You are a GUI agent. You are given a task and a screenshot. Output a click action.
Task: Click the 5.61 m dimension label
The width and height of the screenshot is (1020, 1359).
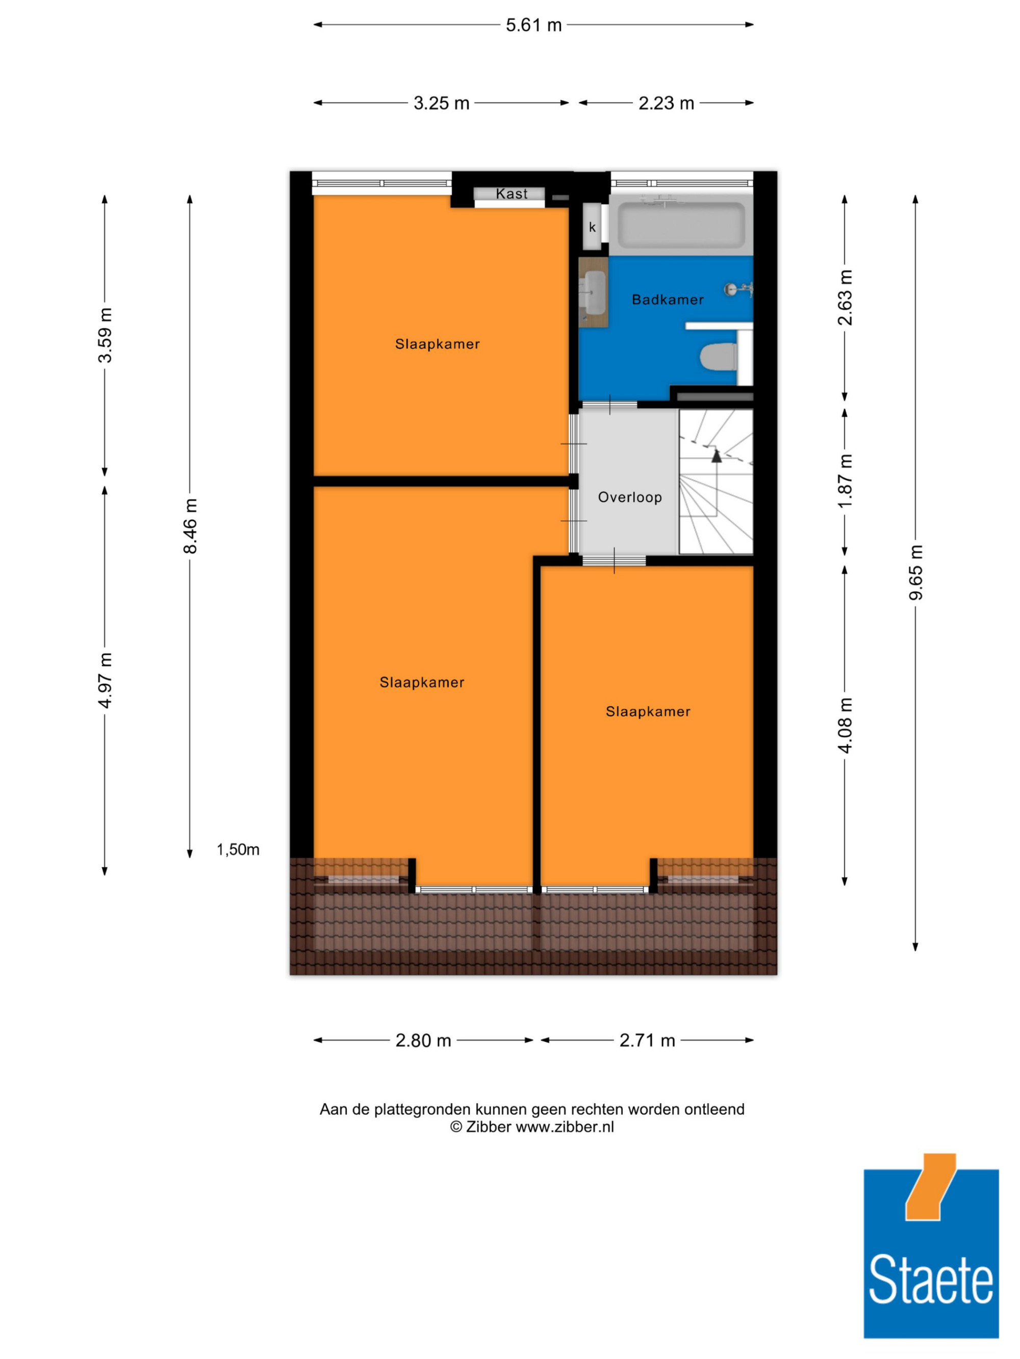pyautogui.click(x=533, y=25)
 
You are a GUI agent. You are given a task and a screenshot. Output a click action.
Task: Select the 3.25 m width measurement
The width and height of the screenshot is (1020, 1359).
pyautogui.click(x=442, y=103)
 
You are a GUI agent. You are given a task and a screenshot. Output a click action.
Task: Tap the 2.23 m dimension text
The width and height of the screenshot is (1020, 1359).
pyautogui.click(x=667, y=103)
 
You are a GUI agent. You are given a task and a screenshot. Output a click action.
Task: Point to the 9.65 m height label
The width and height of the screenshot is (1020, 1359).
pyautogui.click(x=916, y=573)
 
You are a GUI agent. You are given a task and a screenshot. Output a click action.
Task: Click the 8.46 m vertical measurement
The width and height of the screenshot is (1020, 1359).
pyautogui.click(x=191, y=526)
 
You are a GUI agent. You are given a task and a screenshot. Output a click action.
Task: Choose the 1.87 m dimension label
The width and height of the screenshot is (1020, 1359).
pyautogui.click(x=846, y=481)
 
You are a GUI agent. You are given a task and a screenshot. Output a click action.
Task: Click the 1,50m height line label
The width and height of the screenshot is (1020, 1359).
pyautogui.click(x=238, y=849)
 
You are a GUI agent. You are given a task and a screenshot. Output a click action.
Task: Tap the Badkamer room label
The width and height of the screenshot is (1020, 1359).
pyautogui.click(x=668, y=300)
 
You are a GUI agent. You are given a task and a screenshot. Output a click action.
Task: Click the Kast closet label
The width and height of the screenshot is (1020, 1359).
pyautogui.click(x=512, y=194)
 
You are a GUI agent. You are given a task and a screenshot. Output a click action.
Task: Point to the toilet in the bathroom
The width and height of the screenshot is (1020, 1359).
pyautogui.click(x=719, y=357)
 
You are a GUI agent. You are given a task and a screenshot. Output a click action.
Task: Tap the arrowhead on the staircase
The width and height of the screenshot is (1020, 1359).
pyautogui.click(x=716, y=456)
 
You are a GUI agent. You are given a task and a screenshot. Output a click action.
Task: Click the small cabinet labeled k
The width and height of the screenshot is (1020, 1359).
pyautogui.click(x=592, y=227)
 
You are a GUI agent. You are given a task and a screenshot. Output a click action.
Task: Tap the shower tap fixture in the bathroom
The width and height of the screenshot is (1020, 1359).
pyautogui.click(x=739, y=288)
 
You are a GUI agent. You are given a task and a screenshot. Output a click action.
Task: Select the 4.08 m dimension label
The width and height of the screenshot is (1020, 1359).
pyautogui.click(x=846, y=726)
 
